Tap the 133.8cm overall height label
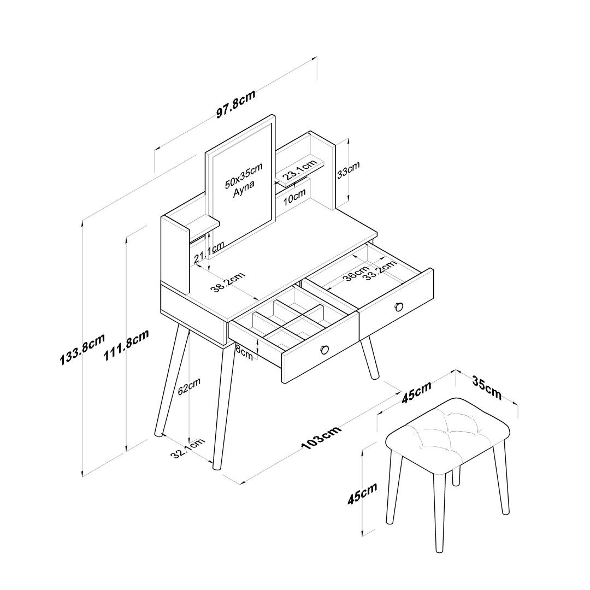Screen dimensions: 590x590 (81, 349)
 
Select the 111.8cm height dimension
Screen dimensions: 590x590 (126, 345)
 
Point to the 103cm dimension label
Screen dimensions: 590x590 (321, 437)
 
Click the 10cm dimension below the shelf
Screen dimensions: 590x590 (294, 197)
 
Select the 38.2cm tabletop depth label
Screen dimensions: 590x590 (227, 282)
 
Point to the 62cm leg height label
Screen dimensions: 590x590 (189, 386)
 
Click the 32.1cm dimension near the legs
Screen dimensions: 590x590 (187, 449)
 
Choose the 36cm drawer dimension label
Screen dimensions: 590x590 (356, 274)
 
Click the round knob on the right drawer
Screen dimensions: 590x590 (399, 307)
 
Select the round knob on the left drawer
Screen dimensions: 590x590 (324, 350)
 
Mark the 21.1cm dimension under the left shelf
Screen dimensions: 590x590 (209, 252)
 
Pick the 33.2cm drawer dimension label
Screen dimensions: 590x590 (381, 270)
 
